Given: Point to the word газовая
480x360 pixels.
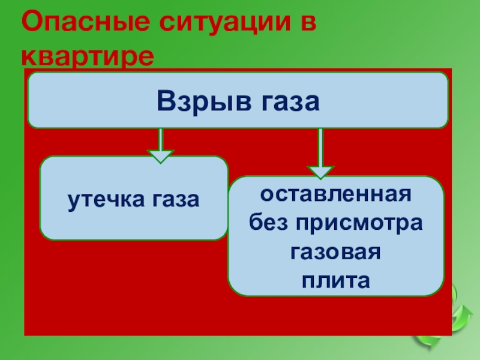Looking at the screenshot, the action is tap(335, 251).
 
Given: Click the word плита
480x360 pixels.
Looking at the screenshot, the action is tap(335, 279).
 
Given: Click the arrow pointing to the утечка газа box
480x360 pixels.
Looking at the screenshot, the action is tap(160, 145).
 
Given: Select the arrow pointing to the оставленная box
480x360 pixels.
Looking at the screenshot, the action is tap(320, 152).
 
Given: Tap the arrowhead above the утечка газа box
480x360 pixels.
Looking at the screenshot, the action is tap(160, 157).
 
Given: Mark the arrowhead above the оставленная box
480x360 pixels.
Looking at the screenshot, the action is tap(320, 172).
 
